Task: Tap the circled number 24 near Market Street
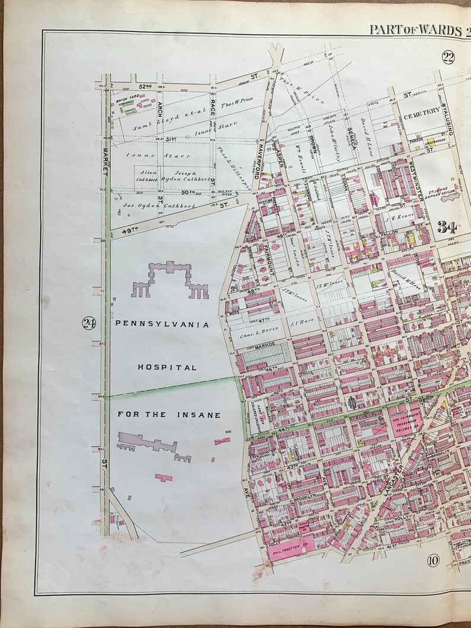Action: pyautogui.click(x=89, y=323)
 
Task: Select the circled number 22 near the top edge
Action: pyautogui.click(x=447, y=57)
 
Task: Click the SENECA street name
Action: pyautogui.click(x=351, y=137)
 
